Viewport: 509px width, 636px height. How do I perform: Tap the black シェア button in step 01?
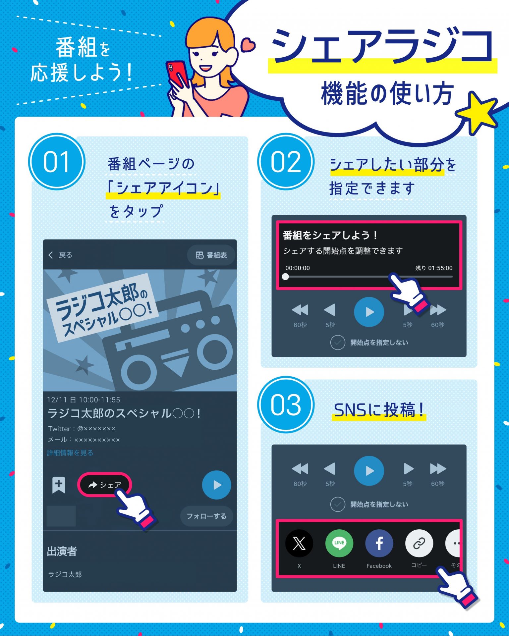pyautogui.click(x=104, y=485)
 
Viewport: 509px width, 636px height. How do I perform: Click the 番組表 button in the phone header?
pyautogui.click(x=211, y=255)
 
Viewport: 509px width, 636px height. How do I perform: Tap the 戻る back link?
pyautogui.click(x=60, y=255)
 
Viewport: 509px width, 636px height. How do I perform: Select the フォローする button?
pyautogui.click(x=206, y=516)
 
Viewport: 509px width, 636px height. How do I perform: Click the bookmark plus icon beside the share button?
pyautogui.click(x=59, y=485)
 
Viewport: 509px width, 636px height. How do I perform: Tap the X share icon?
pyautogui.click(x=299, y=543)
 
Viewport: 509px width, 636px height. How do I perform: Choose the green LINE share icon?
pyautogui.click(x=339, y=543)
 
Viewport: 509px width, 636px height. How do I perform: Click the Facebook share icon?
pyautogui.click(x=379, y=543)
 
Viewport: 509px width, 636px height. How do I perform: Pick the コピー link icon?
pyautogui.click(x=419, y=543)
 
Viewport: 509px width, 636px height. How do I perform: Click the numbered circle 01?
pyautogui.click(x=57, y=162)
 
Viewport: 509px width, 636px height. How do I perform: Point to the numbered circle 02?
pyautogui.click(x=286, y=162)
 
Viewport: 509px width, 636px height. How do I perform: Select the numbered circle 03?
pyautogui.click(x=286, y=405)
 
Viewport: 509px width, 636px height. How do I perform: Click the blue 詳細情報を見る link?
pyautogui.click(x=70, y=453)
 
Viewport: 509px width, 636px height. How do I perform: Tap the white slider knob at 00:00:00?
pyautogui.click(x=285, y=277)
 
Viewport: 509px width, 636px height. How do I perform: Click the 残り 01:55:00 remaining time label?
pyautogui.click(x=434, y=268)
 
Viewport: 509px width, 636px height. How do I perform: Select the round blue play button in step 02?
pyautogui.click(x=369, y=312)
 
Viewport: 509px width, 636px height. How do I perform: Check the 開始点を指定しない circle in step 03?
pyautogui.click(x=338, y=504)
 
